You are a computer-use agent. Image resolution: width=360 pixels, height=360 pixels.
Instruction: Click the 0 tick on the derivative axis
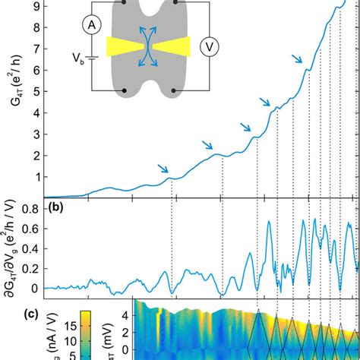[x=33, y=289]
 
